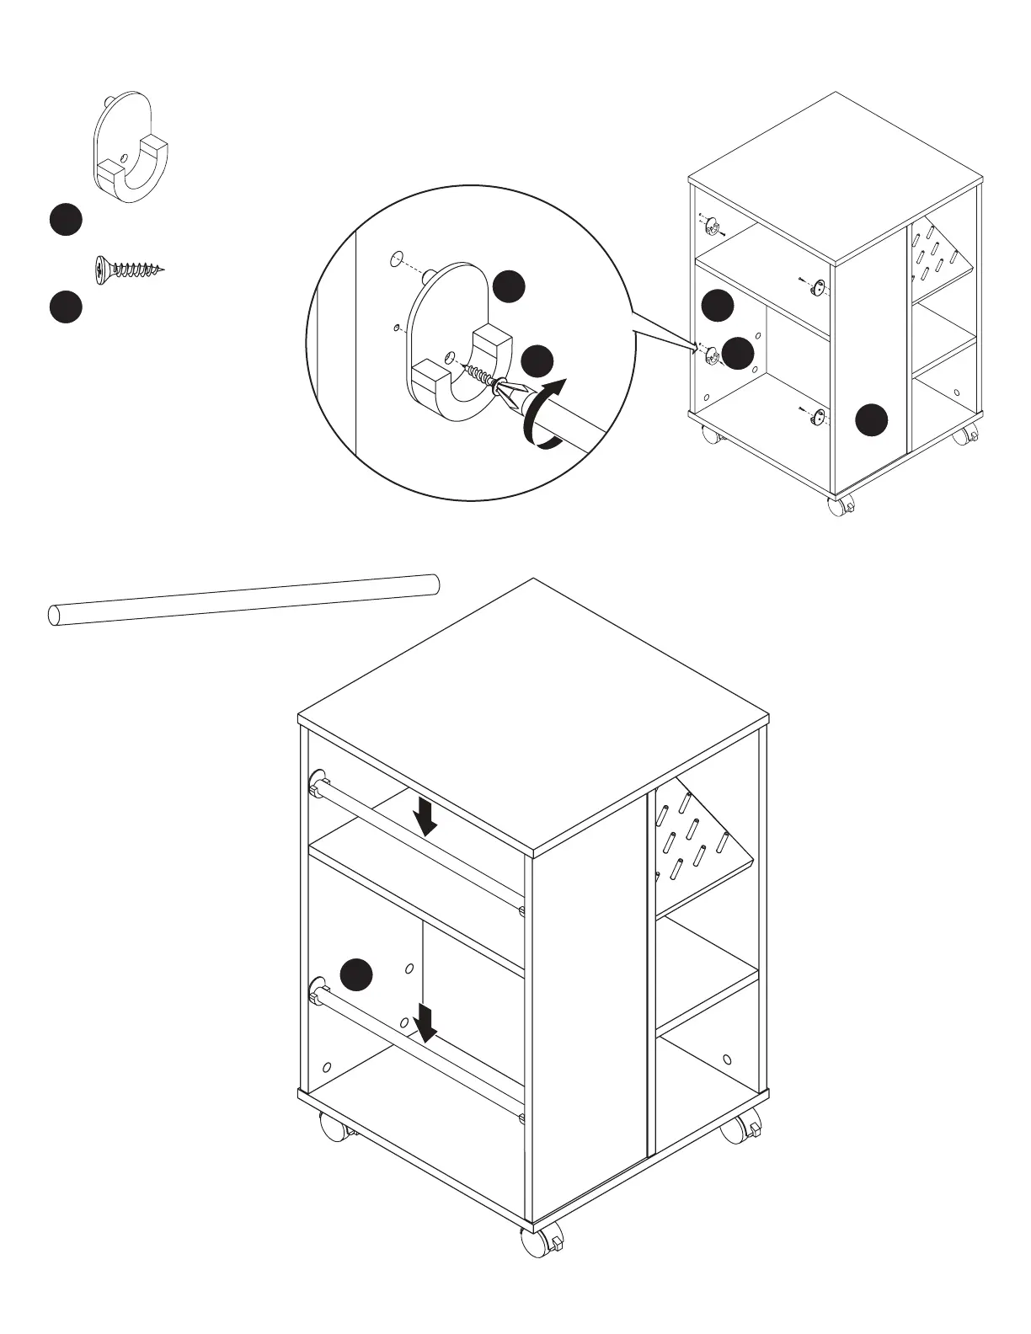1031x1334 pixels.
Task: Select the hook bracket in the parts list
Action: (131, 150)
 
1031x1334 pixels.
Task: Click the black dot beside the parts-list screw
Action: (65, 307)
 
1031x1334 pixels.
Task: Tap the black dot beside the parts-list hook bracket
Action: (65, 219)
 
